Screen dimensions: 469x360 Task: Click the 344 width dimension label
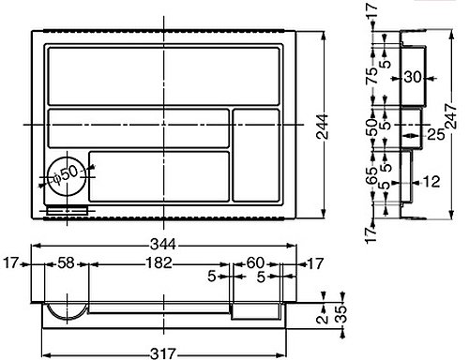click(x=163, y=244)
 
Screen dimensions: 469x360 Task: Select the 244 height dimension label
click(x=322, y=127)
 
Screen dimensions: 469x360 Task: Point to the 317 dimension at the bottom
click(x=163, y=354)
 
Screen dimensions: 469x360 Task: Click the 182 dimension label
click(x=159, y=263)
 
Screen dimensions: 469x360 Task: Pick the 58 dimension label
click(x=66, y=263)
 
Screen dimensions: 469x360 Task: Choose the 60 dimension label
click(x=255, y=263)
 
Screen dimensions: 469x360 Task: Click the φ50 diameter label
click(x=65, y=175)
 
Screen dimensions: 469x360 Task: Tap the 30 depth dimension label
click(x=413, y=77)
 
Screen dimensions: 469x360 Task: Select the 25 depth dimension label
click(x=436, y=135)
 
